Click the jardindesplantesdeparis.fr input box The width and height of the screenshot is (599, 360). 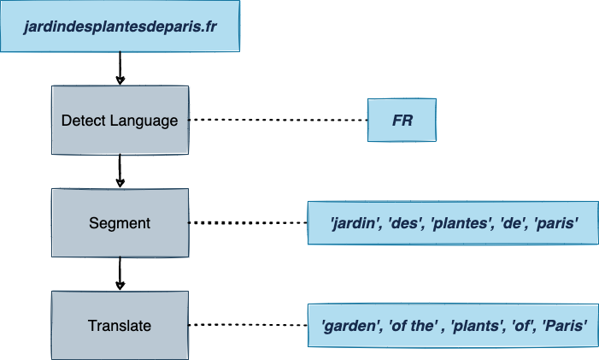pyautogui.click(x=120, y=27)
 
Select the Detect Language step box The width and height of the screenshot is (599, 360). pyautogui.click(x=120, y=120)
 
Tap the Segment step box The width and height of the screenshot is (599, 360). pyautogui.click(x=120, y=223)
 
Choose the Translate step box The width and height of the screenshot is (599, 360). pyautogui.click(x=120, y=325)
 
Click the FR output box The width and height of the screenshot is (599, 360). pyautogui.click(x=402, y=121)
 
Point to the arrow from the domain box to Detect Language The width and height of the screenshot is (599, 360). pyautogui.click(x=120, y=68)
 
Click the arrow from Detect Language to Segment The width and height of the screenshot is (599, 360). pyautogui.click(x=120, y=171)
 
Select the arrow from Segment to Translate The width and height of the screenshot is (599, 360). pyautogui.click(x=120, y=274)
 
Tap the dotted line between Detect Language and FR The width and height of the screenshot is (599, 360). pyautogui.click(x=278, y=120)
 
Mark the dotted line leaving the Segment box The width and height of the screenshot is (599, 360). pyautogui.click(x=248, y=223)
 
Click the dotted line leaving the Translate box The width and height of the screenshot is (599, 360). pyautogui.click(x=248, y=325)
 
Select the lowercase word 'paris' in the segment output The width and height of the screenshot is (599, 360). pyautogui.click(x=557, y=223)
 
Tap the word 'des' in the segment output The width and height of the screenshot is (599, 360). pyautogui.click(x=402, y=223)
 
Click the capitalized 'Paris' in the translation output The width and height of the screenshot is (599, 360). pyautogui.click(x=565, y=326)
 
